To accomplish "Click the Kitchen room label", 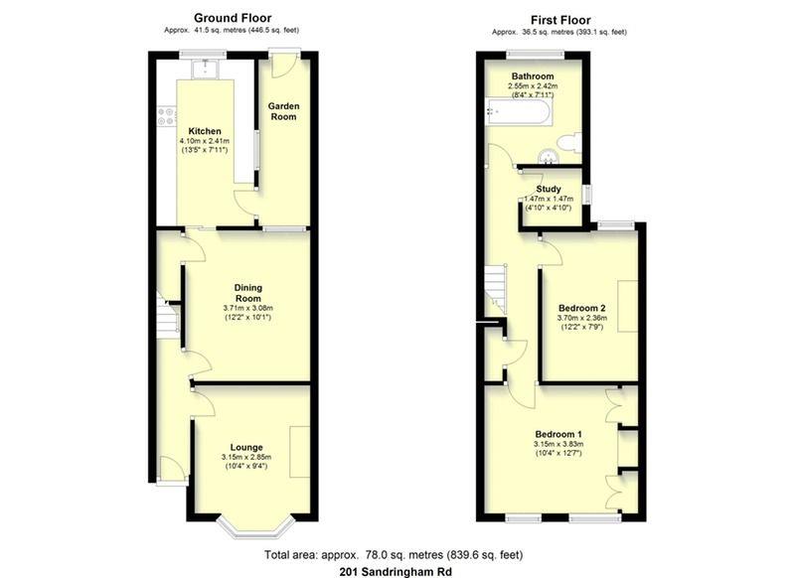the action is point(205,131).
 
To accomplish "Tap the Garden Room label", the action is point(283,111).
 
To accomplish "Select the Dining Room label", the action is point(247,292).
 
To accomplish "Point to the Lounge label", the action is point(246,447).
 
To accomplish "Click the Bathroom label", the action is point(533,76).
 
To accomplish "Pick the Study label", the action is point(549,189).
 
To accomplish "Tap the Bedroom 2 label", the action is point(582,308).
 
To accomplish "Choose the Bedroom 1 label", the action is point(558,434).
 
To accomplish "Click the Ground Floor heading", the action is point(233,18).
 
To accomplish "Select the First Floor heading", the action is point(560,20).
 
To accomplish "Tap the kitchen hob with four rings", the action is point(166,116).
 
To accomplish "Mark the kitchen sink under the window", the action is point(206,69).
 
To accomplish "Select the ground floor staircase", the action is point(167,318).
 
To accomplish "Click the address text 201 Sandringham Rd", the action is point(396,572).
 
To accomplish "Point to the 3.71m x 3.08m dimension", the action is point(247,308).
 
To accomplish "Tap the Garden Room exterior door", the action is point(283,65).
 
